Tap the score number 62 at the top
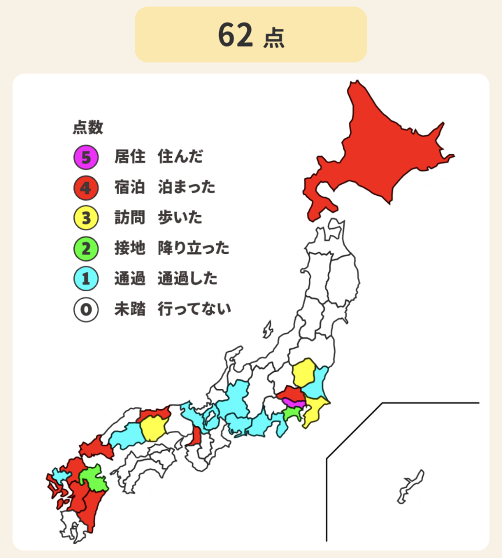(235, 35)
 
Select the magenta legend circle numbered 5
(85, 156)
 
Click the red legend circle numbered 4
(85, 187)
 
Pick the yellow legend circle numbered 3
(85, 218)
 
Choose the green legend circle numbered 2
(85, 249)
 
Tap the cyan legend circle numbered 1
(85, 279)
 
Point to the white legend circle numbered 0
(85, 309)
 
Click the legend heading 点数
(88, 127)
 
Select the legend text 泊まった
(187, 187)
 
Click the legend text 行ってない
(194, 309)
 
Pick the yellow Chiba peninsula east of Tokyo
(315, 410)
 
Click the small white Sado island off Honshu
(267, 331)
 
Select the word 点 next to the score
(273, 38)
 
